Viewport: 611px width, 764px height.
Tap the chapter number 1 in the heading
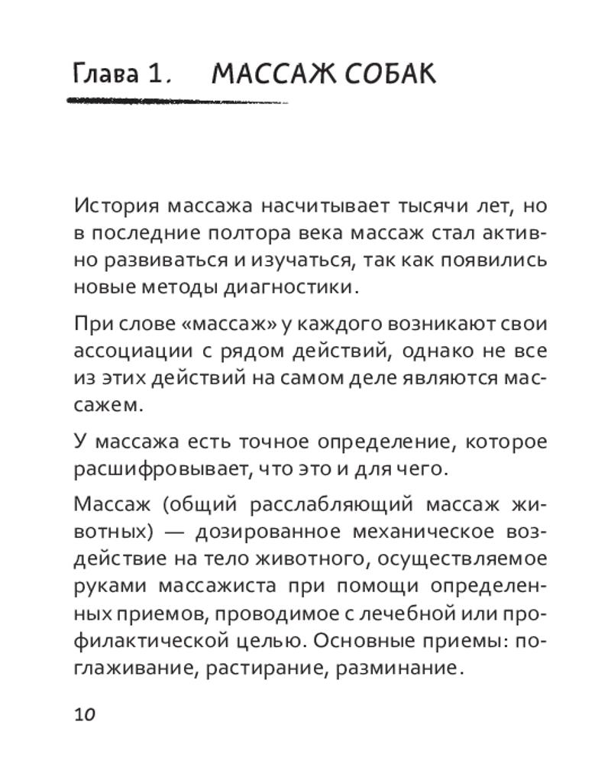pos(157,76)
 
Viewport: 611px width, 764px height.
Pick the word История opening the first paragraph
pos(116,206)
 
